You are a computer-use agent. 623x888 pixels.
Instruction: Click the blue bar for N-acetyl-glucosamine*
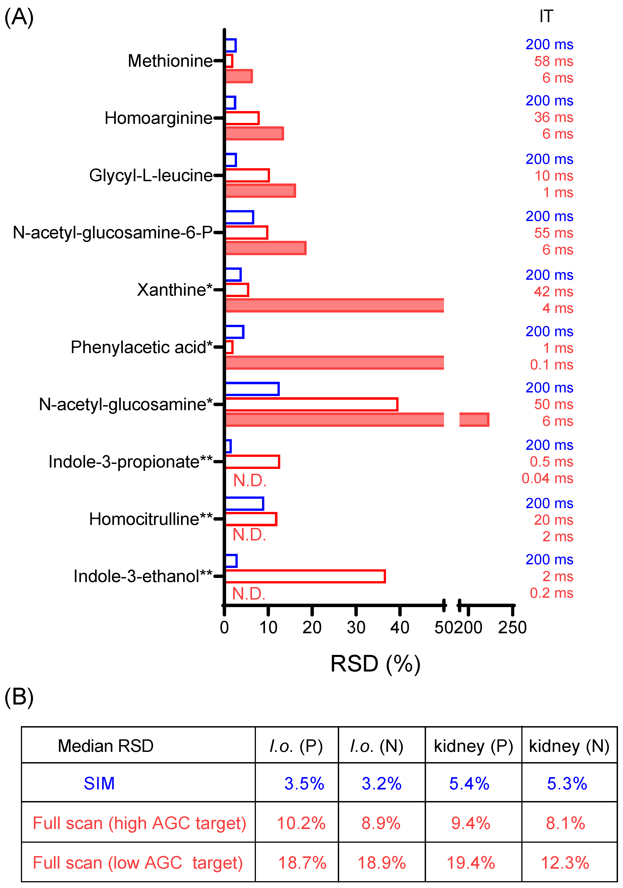(x=252, y=389)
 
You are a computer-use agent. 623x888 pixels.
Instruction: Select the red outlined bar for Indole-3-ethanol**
(x=305, y=576)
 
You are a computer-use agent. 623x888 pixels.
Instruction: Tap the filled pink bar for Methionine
(x=239, y=76)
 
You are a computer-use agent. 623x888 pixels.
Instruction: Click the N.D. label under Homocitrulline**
(x=249, y=535)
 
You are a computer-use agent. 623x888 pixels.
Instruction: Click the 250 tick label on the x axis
(x=512, y=627)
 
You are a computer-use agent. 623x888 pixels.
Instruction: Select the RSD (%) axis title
(x=375, y=664)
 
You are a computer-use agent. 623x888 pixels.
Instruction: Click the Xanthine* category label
(x=175, y=290)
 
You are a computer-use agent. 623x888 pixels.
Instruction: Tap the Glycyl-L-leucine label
(x=151, y=176)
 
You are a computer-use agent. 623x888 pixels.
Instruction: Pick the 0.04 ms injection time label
(x=547, y=478)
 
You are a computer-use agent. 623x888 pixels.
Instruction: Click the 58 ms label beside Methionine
(x=553, y=61)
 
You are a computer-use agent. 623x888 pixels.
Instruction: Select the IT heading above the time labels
(x=546, y=16)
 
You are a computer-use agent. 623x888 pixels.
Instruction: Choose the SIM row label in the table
(x=99, y=784)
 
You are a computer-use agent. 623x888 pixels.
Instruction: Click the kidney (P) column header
(x=473, y=746)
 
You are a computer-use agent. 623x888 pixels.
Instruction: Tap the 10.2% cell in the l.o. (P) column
(x=301, y=823)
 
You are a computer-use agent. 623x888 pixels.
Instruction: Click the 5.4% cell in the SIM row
(x=469, y=784)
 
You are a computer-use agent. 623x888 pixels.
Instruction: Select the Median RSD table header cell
(x=106, y=746)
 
